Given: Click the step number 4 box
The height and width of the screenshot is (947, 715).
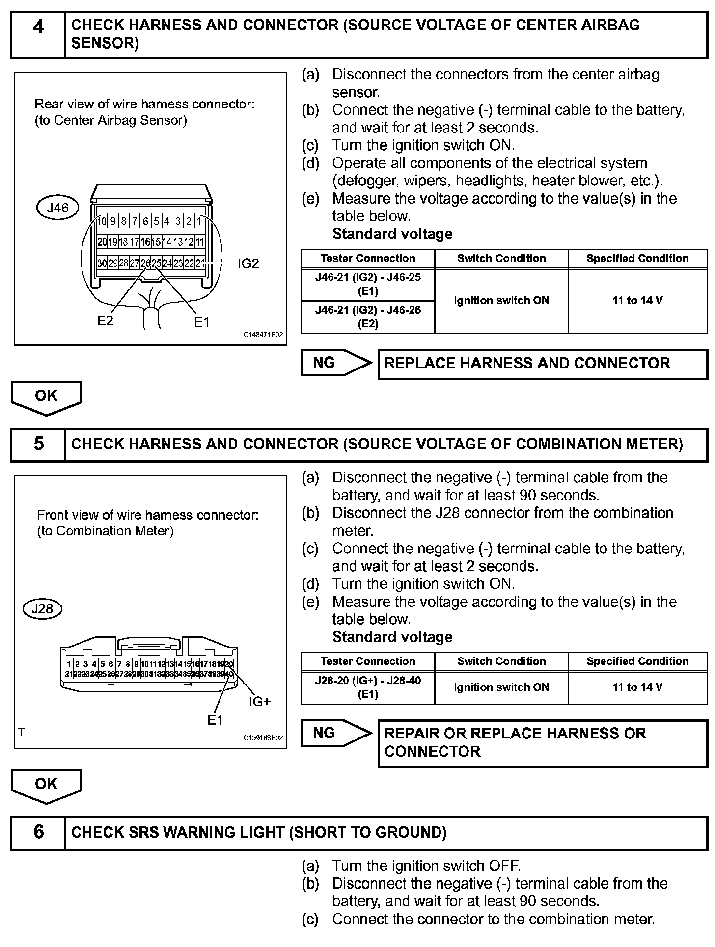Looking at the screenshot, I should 38,34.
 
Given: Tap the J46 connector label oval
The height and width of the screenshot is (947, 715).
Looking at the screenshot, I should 58,208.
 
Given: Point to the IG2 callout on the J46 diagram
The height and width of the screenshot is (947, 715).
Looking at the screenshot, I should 248,264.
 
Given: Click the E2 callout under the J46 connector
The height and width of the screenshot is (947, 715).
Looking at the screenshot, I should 105,321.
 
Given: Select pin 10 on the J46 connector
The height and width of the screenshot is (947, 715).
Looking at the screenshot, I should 102,221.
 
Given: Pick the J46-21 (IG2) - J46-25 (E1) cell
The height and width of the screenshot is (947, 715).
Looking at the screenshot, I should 368,284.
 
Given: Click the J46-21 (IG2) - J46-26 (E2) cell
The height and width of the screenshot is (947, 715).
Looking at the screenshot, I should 368,316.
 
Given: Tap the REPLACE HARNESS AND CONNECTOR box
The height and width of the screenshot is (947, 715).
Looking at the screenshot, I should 542,364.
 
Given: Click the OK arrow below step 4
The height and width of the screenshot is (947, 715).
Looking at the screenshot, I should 46,397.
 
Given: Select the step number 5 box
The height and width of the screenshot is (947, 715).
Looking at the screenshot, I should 38,444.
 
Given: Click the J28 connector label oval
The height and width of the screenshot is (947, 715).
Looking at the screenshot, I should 42,609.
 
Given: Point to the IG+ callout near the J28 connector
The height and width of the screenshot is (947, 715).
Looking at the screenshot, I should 260,702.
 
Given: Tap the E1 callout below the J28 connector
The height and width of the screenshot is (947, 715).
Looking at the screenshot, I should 215,720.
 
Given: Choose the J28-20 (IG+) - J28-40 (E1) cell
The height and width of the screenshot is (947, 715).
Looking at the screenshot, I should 368,687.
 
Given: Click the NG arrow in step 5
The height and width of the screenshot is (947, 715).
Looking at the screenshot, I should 336,733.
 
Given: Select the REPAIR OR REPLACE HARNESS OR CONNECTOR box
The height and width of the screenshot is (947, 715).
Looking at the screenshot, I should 542,742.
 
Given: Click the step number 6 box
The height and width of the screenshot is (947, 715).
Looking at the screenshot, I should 38,832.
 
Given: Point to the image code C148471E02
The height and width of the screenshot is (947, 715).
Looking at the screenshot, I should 263,335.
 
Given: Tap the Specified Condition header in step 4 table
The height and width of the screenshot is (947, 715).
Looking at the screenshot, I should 637,259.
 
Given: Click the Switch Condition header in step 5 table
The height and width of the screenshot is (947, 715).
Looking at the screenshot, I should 501,661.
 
